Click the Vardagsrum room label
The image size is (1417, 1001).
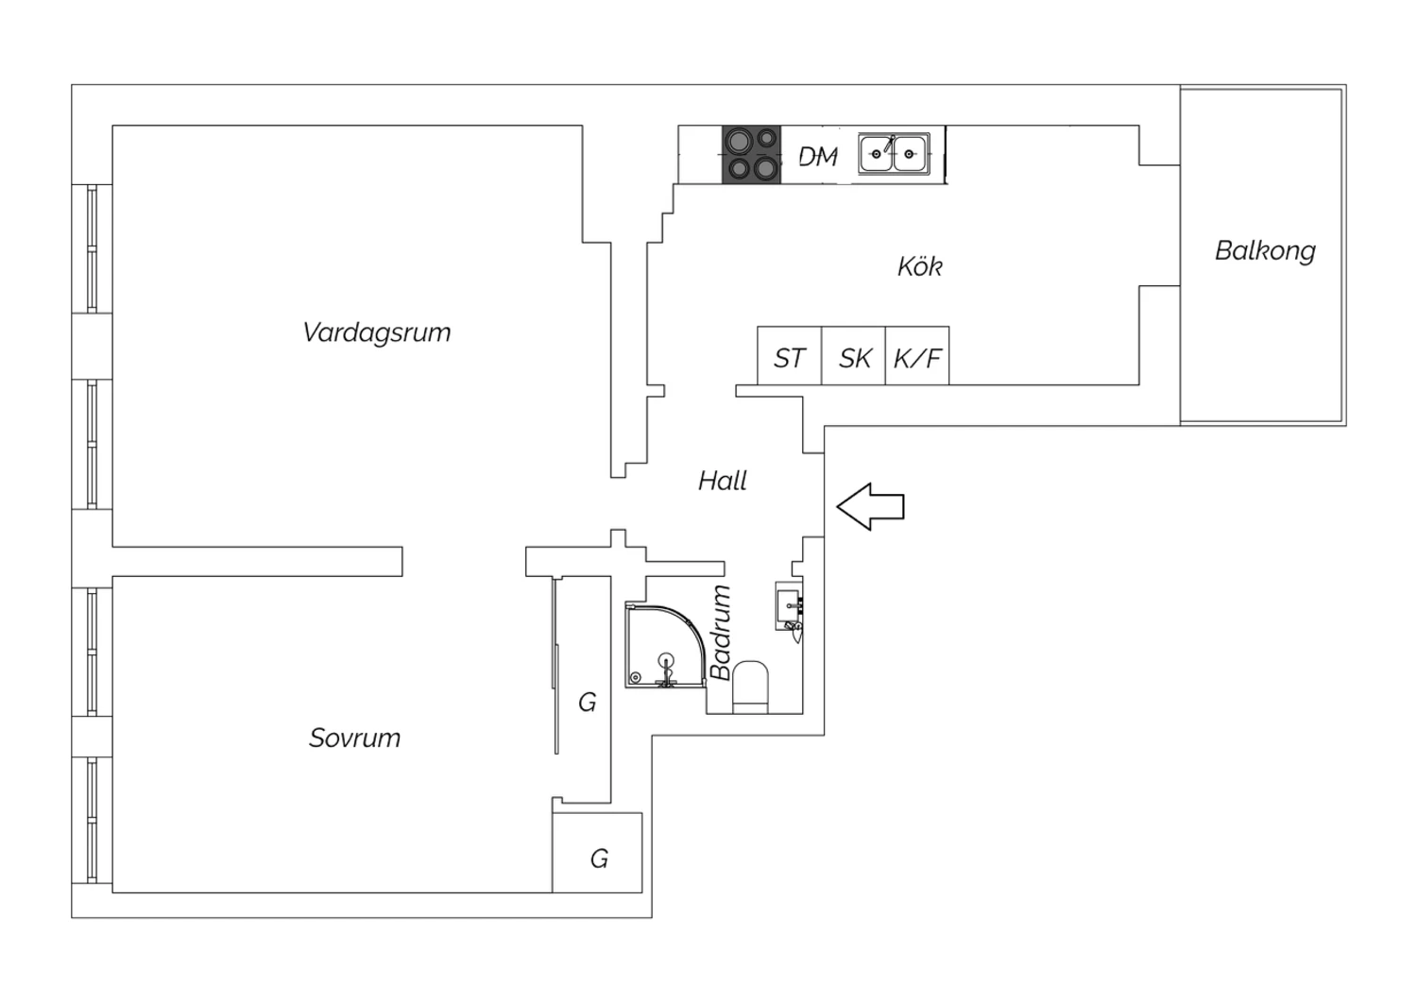(376, 332)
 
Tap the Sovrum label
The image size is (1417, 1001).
(354, 738)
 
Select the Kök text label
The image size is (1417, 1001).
(920, 266)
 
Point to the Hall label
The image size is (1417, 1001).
(723, 481)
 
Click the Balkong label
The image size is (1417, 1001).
(1265, 251)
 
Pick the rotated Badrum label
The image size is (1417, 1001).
(721, 633)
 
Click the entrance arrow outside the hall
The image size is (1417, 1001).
(870, 506)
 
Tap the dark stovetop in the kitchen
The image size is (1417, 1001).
(752, 155)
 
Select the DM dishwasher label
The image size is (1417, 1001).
(818, 156)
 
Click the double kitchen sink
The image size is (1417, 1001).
(894, 154)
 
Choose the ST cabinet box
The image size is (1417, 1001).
(790, 355)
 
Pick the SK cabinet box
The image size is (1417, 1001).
(853, 355)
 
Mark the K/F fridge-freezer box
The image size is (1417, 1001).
(917, 355)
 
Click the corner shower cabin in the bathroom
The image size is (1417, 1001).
(664, 646)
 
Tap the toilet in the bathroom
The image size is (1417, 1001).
(750, 687)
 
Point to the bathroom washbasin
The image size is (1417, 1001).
(789, 605)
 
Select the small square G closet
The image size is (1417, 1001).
(597, 853)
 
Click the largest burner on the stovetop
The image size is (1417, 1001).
(739, 141)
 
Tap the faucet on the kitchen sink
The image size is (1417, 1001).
(889, 144)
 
